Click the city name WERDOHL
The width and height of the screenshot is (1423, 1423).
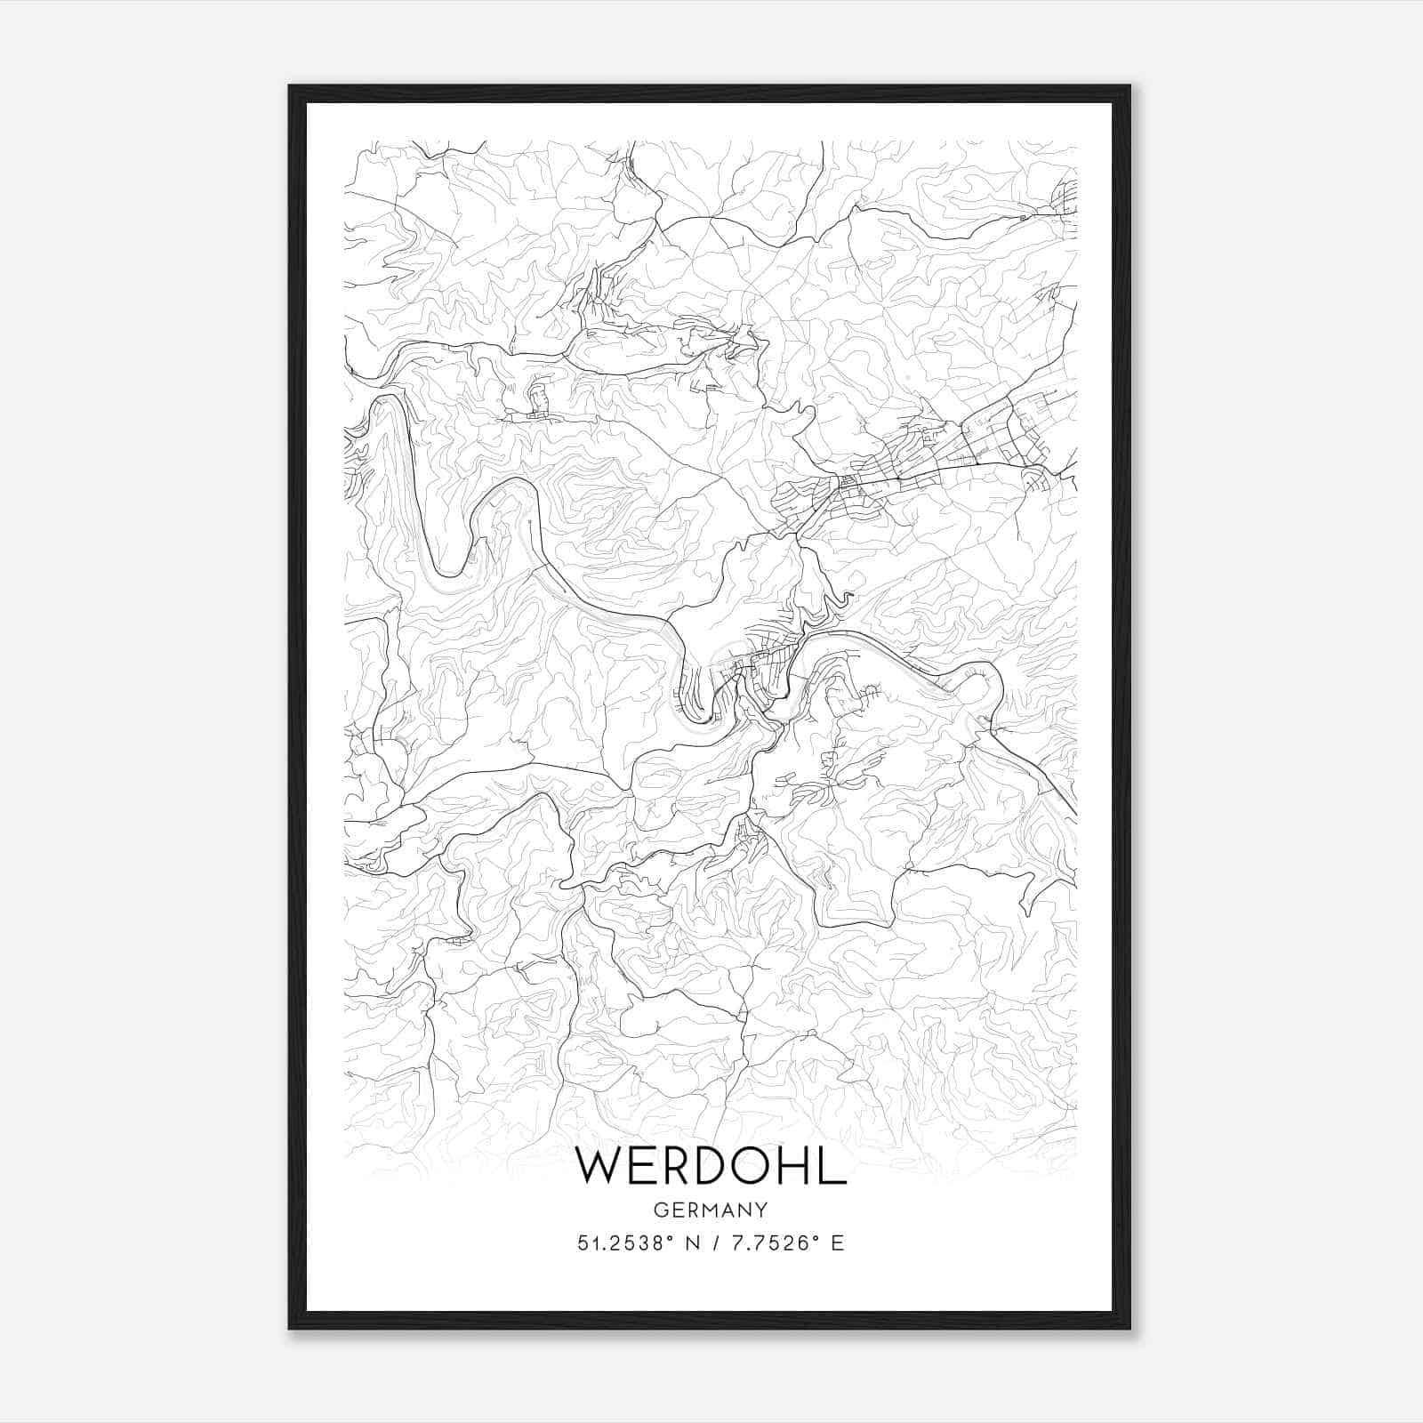coord(711,1166)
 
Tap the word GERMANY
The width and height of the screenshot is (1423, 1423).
coord(711,1210)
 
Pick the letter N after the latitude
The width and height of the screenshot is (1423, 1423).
coord(693,1243)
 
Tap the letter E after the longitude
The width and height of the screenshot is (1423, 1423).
coord(837,1243)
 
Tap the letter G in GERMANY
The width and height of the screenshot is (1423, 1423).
coord(659,1210)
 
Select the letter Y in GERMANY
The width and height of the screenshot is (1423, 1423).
coord(762,1210)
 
